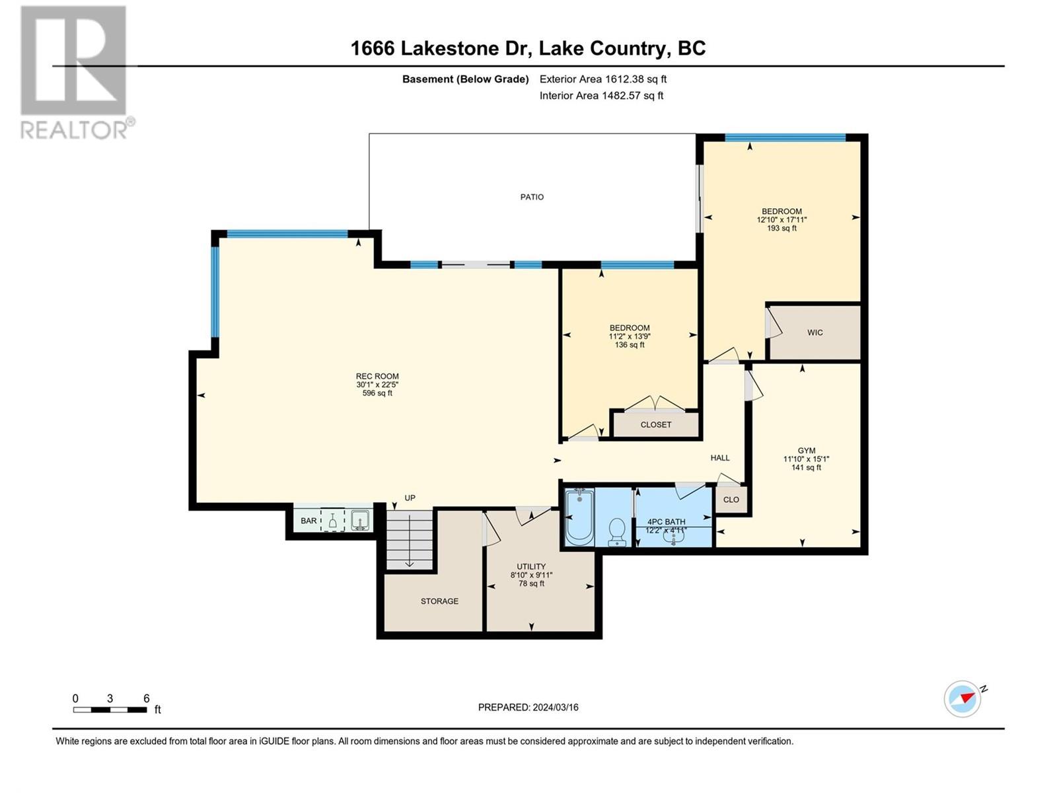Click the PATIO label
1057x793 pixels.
(x=532, y=197)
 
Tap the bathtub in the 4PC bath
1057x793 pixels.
(x=579, y=517)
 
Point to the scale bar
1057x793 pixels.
(x=110, y=709)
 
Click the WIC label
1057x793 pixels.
(x=815, y=332)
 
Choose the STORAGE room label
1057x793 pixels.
(x=439, y=601)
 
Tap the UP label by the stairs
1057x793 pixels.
(x=410, y=498)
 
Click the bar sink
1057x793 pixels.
(x=360, y=521)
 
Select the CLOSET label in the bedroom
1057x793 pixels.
(x=655, y=425)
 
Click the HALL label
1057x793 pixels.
(x=720, y=458)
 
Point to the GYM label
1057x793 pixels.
(x=806, y=451)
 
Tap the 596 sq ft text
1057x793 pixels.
(x=377, y=393)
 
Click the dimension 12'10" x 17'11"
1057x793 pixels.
(x=782, y=219)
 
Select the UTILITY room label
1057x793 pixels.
(x=531, y=566)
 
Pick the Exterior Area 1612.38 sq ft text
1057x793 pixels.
(x=603, y=79)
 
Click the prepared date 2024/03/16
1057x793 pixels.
(x=555, y=707)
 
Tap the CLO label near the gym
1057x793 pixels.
(x=731, y=500)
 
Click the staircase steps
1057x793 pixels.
(x=410, y=540)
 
